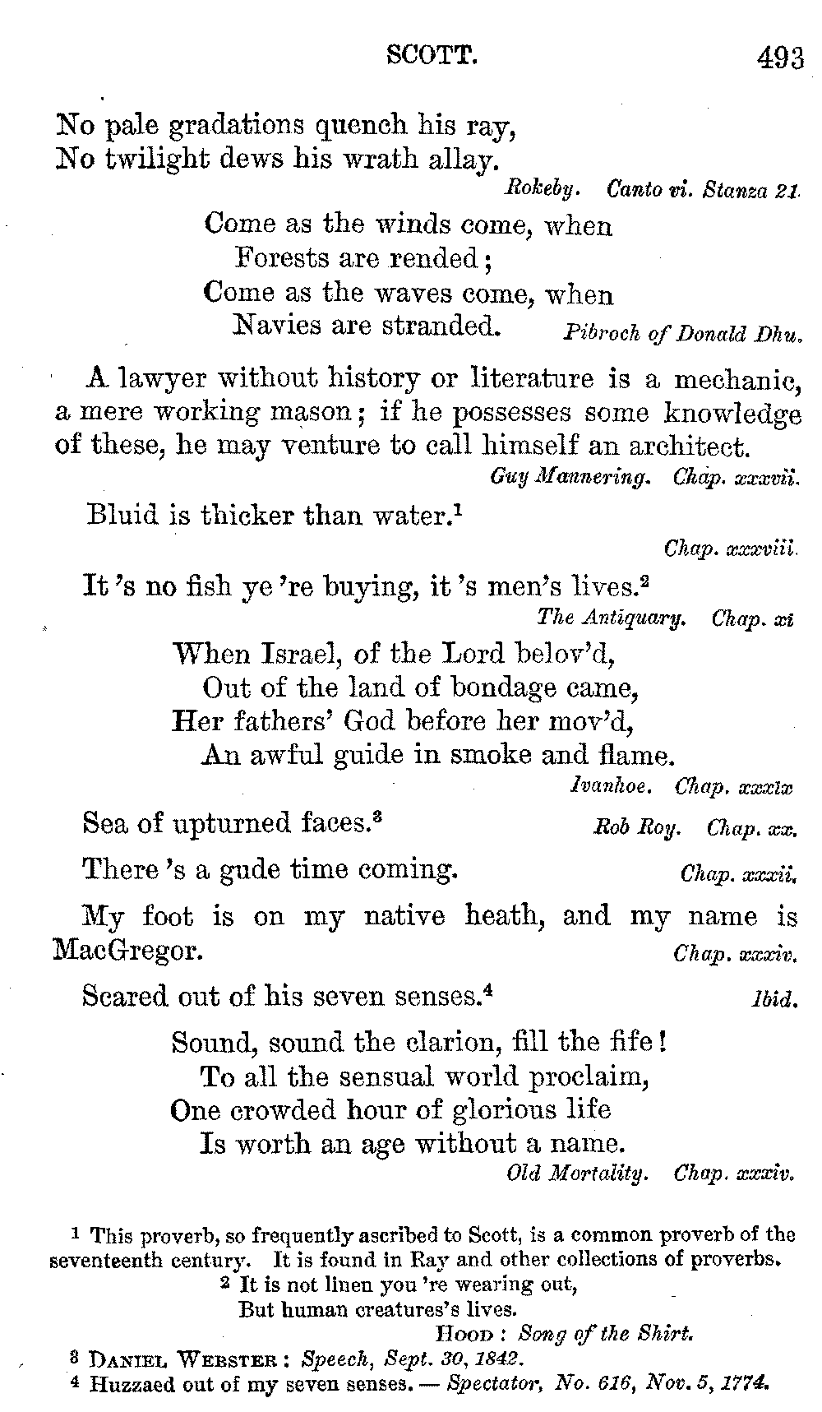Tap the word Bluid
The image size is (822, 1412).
(123, 516)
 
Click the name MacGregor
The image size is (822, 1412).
(127, 951)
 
